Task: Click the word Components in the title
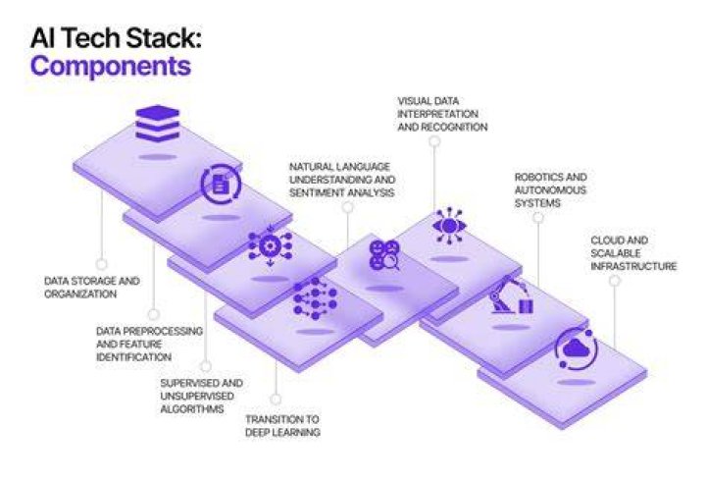coord(111,66)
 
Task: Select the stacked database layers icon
coord(157,122)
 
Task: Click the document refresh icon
coord(221,184)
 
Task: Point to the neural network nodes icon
coord(315,298)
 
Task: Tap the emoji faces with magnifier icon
coord(384,255)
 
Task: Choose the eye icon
coord(449,226)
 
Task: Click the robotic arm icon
coord(512,295)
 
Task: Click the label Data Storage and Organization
coord(92,288)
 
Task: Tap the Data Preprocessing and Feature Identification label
coord(149,344)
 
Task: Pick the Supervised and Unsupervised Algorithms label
coord(202,396)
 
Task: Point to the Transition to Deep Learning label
coord(282,425)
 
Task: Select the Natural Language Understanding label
coord(342,180)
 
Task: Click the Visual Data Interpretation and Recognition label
coord(442,114)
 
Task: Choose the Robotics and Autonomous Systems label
coord(551,189)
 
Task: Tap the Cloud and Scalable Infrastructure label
coord(633,253)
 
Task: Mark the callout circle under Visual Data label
coord(434,141)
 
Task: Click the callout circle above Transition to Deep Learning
coord(276,399)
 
